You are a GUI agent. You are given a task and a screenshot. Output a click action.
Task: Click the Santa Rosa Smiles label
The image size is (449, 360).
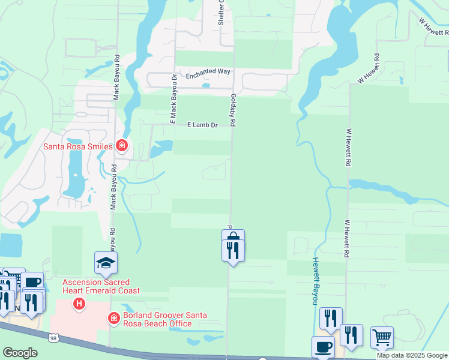tap(77, 146)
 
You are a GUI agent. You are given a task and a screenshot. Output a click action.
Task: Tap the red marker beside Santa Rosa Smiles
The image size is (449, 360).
tap(122, 145)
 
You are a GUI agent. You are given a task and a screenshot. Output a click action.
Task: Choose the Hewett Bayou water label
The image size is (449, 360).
tap(314, 281)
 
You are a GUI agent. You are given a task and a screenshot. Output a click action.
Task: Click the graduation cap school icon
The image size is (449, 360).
tap(106, 263)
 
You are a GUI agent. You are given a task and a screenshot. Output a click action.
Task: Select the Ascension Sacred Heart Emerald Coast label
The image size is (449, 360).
tap(101, 286)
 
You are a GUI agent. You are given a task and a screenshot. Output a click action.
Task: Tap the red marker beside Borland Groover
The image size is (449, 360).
tap(113, 319)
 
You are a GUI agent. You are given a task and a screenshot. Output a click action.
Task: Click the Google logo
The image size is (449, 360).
tap(20, 353)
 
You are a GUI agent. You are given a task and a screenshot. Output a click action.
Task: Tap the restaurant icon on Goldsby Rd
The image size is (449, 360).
tap(233, 250)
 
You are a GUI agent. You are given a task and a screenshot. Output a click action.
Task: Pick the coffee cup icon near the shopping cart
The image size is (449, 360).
tap(323, 347)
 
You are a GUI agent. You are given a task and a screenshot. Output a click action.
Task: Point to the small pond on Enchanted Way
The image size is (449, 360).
tap(206, 85)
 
